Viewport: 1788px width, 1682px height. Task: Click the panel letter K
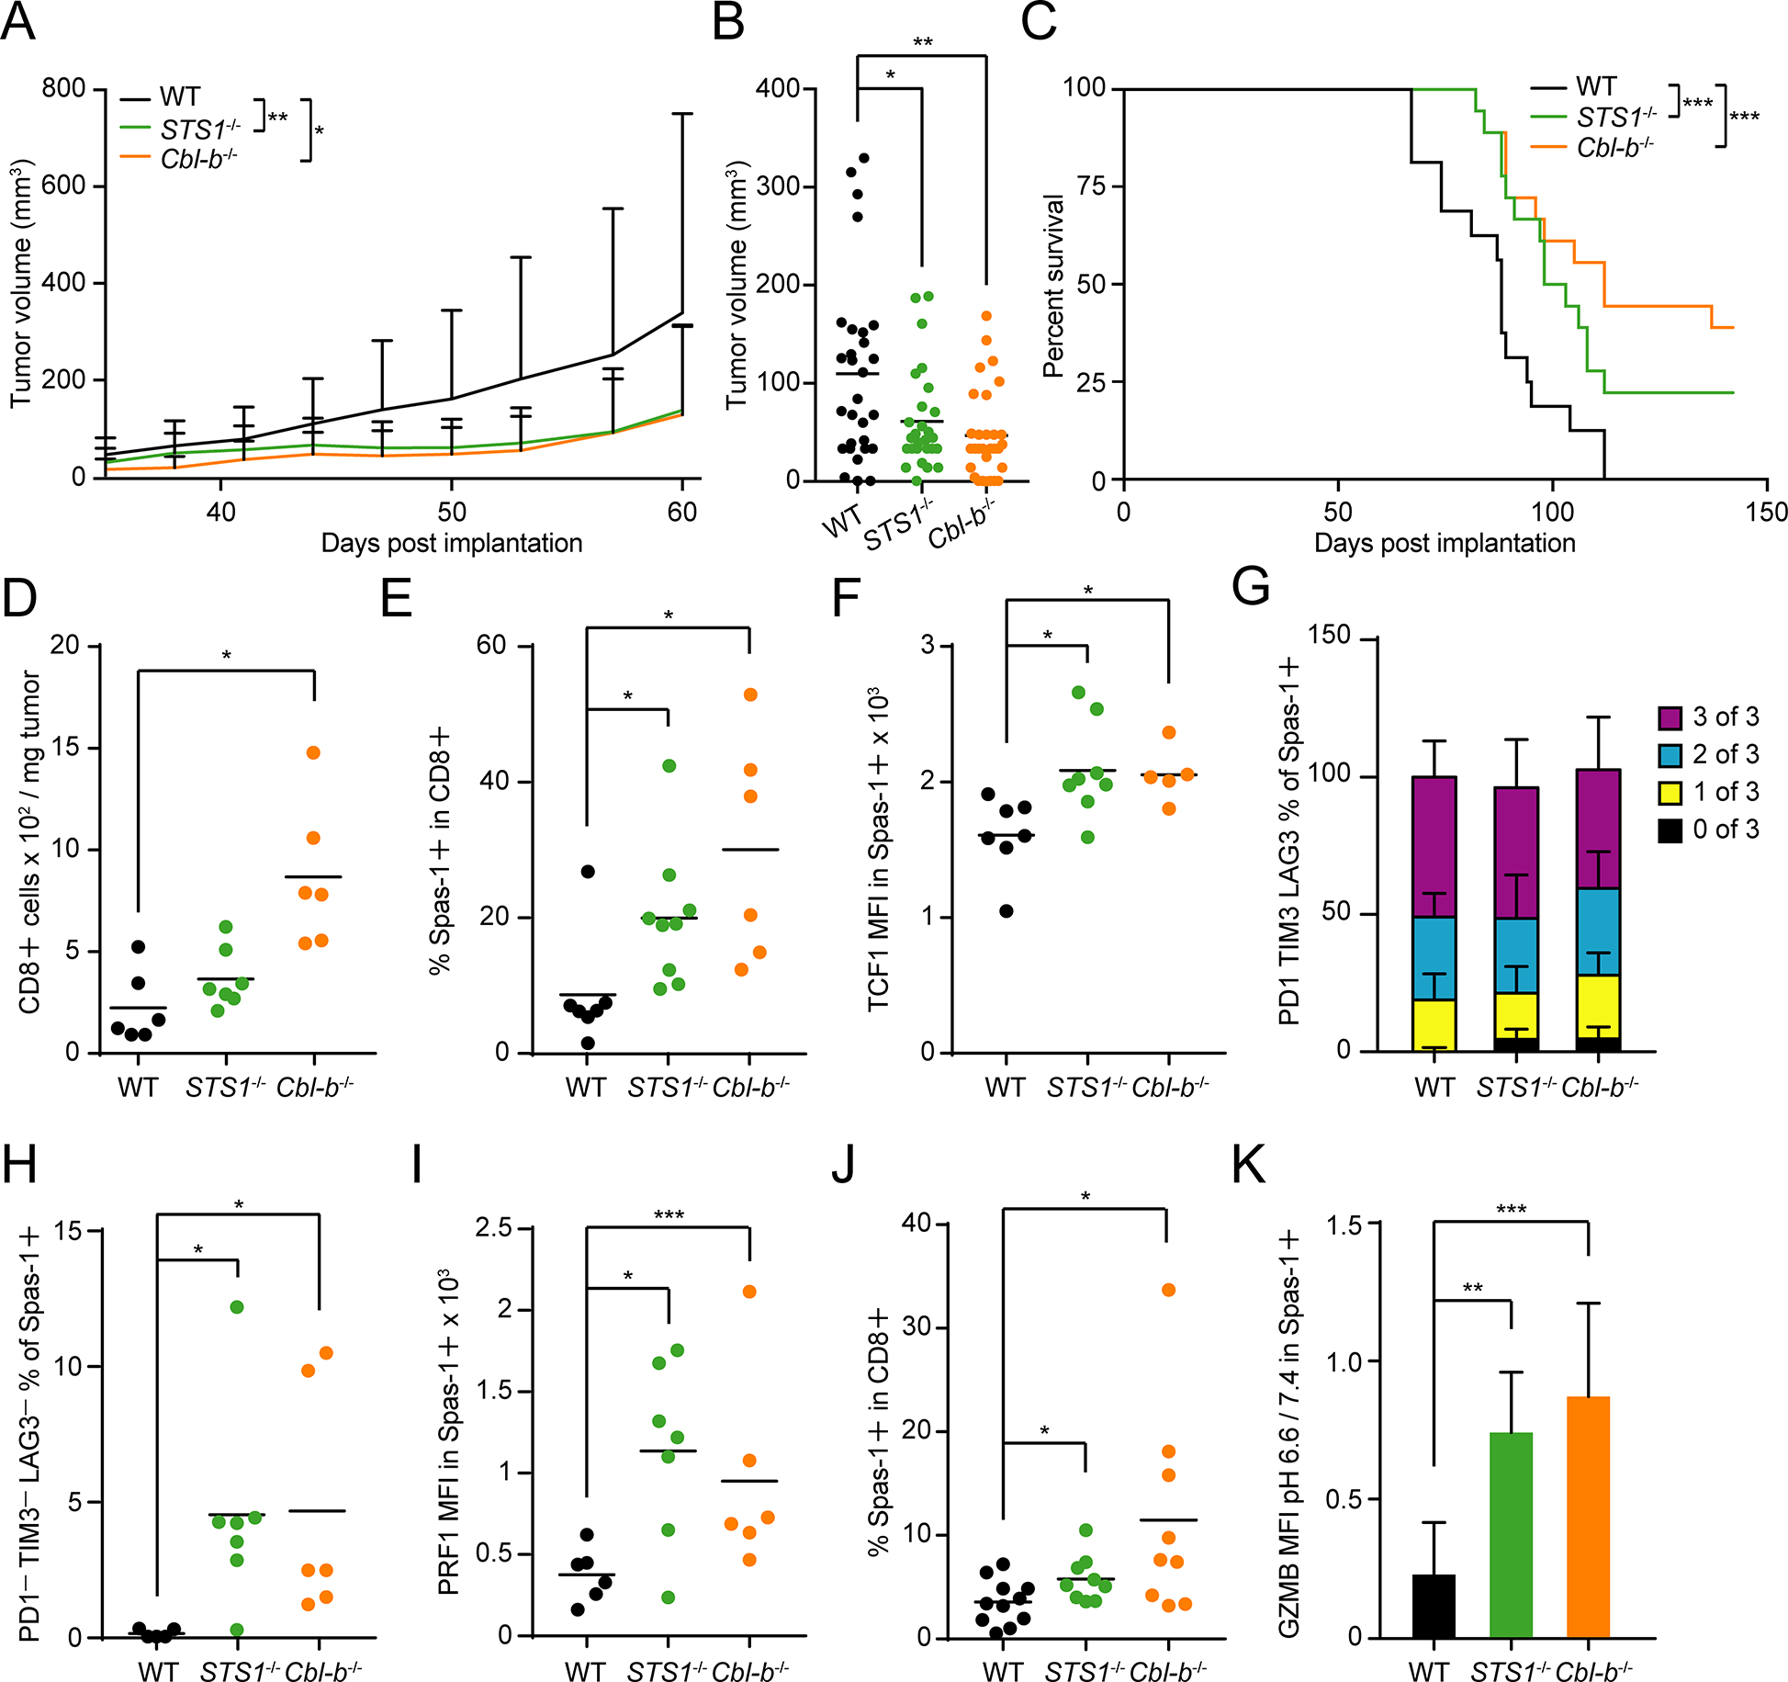tap(1250, 1165)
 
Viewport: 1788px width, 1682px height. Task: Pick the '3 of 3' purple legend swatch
tap(1670, 717)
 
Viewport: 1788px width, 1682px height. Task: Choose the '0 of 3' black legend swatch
tap(1670, 830)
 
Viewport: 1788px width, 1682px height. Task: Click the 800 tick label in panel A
tap(63, 89)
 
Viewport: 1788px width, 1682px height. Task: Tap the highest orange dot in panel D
tap(313, 752)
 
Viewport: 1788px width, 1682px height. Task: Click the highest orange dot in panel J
tap(1168, 1290)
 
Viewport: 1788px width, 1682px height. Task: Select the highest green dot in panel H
tap(237, 1306)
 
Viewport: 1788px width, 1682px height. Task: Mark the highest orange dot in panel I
tap(749, 1292)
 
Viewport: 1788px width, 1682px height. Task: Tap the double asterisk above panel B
tap(922, 43)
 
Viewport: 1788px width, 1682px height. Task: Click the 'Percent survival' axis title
tap(1053, 285)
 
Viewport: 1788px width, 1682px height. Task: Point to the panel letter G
tap(1251, 584)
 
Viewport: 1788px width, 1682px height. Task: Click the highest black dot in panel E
tap(588, 871)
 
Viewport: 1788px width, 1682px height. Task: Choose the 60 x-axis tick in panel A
tap(682, 513)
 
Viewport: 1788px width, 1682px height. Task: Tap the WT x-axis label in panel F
tap(1006, 1088)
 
